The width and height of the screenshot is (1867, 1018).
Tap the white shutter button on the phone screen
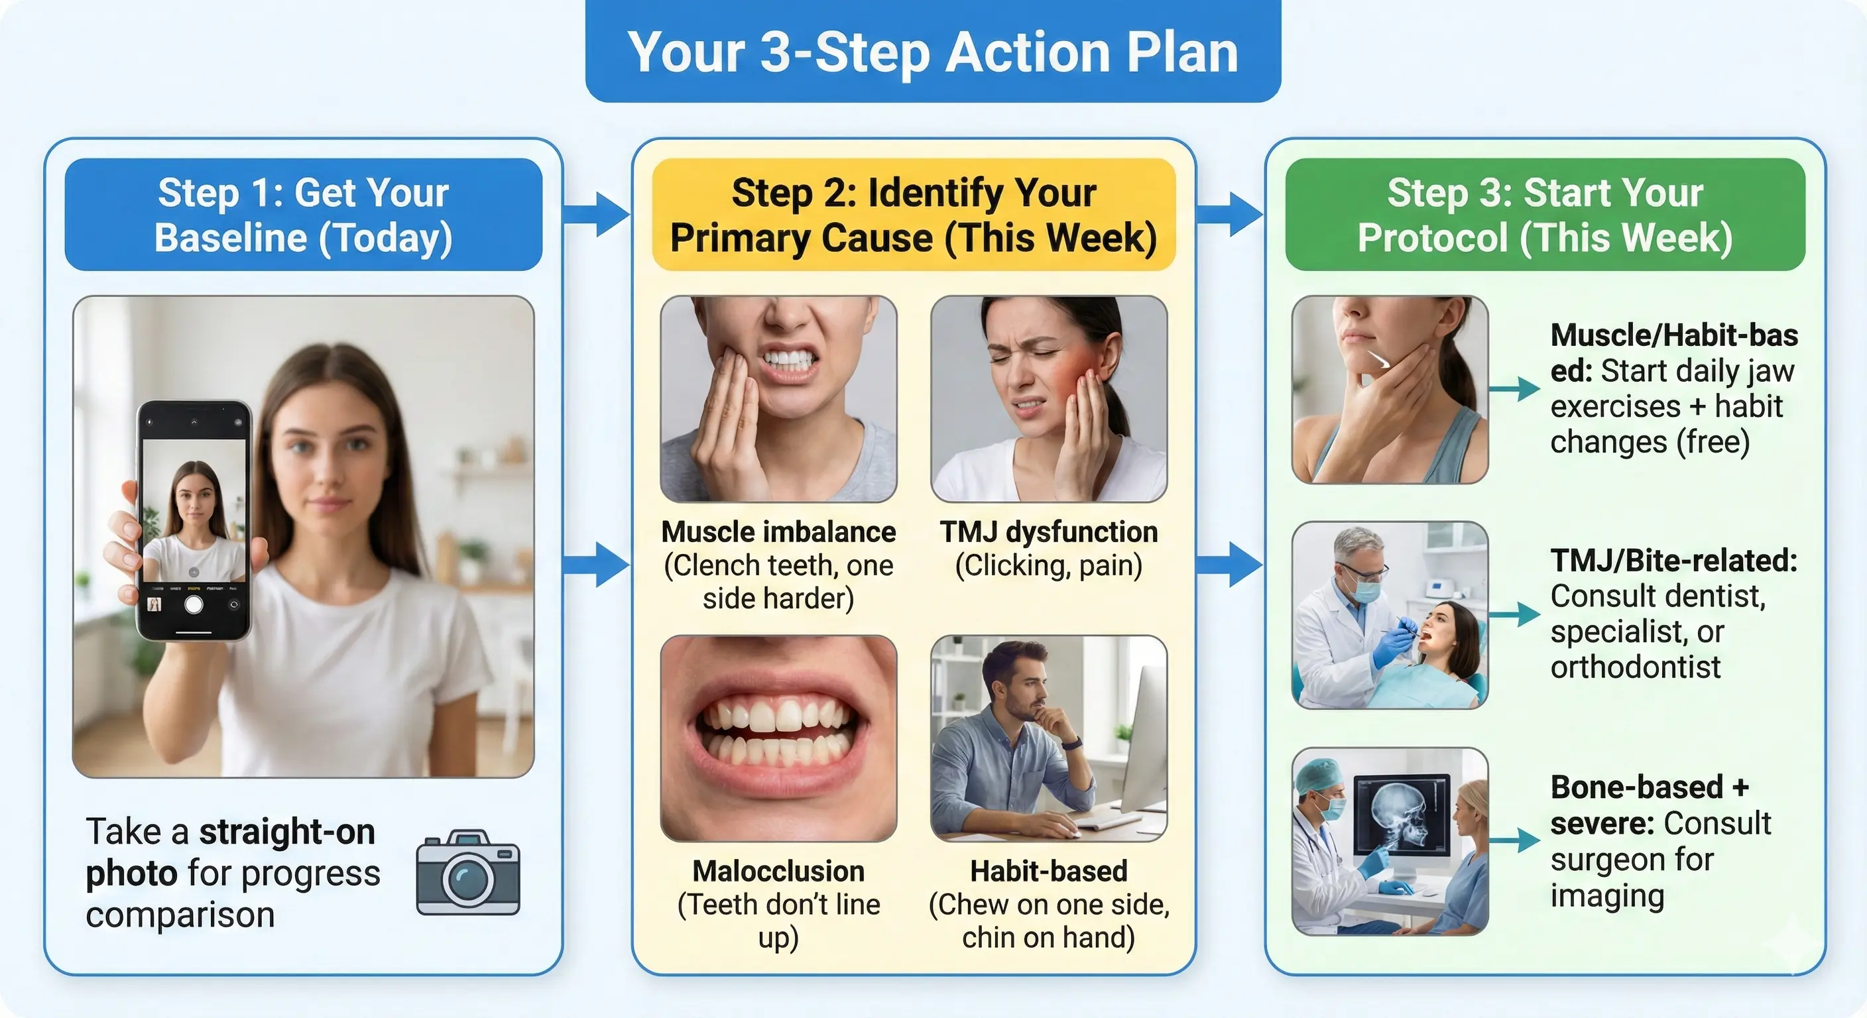pyautogui.click(x=194, y=604)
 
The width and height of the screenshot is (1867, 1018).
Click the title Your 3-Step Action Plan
pyautogui.click(x=933, y=52)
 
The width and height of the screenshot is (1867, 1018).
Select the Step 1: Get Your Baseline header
pyautogui.click(x=303, y=215)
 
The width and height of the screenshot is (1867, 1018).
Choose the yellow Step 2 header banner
pyautogui.click(x=913, y=215)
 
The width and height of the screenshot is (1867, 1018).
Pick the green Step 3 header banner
pyautogui.click(x=1545, y=215)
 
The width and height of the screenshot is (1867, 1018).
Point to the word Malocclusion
pyautogui.click(x=778, y=872)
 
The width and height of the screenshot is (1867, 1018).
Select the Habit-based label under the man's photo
pyautogui.click(x=1048, y=872)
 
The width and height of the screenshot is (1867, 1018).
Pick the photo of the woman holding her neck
pyautogui.click(x=1390, y=390)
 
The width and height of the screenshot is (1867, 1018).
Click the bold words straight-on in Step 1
pyautogui.click(x=287, y=832)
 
